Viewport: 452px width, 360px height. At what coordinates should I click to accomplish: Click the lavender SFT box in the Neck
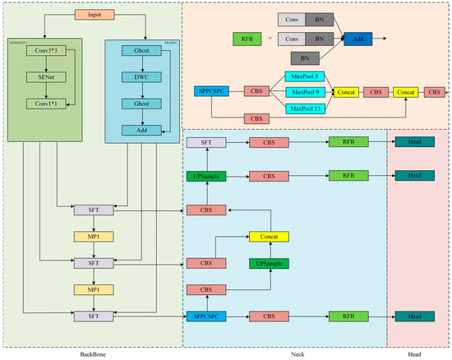pos(205,143)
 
